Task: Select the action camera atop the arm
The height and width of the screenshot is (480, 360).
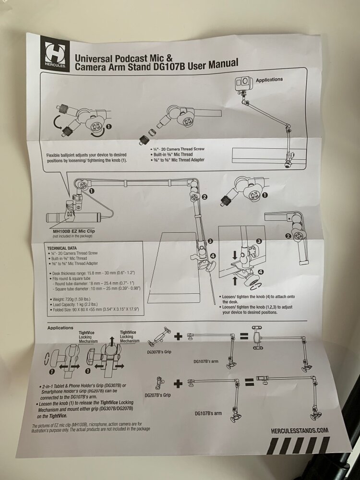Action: (242, 84)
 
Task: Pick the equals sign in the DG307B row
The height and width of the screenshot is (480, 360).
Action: (244, 336)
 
